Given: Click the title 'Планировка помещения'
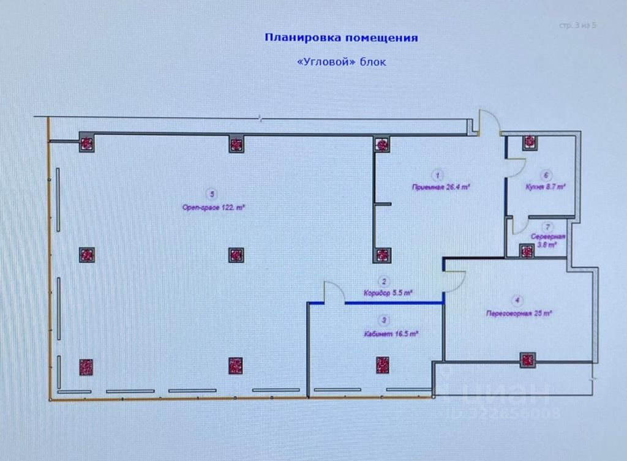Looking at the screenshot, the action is pyautogui.click(x=341, y=38).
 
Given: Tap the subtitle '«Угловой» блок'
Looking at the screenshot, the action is pyautogui.click(x=341, y=62).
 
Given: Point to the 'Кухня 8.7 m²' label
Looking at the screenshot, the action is pyautogui.click(x=545, y=187).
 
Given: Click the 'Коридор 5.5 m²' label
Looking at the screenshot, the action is pyautogui.click(x=387, y=293).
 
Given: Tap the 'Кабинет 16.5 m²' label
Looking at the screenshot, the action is pyautogui.click(x=390, y=334).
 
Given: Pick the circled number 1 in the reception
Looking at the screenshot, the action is pyautogui.click(x=437, y=173).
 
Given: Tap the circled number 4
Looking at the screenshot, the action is pyautogui.click(x=518, y=300).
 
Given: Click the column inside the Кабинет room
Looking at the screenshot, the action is pyautogui.click(x=383, y=365).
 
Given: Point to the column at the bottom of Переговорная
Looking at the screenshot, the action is pyautogui.click(x=528, y=360).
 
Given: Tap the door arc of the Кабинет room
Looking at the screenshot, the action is pyautogui.click(x=334, y=291).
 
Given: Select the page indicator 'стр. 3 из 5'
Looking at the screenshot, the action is pyautogui.click(x=577, y=26).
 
